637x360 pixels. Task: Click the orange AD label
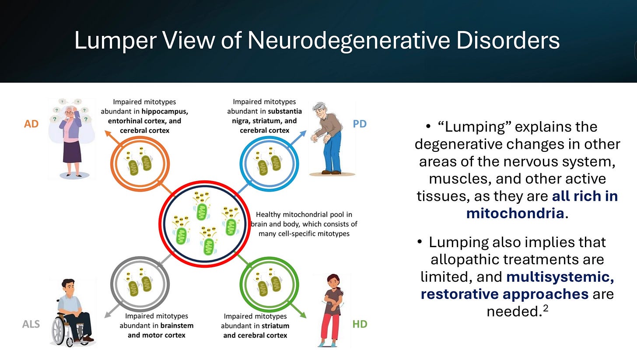coord(31,124)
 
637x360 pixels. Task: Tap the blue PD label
coord(359,124)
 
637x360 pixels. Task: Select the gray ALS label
coord(31,324)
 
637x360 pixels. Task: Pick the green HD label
coord(360,324)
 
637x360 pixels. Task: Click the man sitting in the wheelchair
coord(72,311)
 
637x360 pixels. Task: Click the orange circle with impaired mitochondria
coord(140,163)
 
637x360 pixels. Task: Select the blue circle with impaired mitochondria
coord(269,163)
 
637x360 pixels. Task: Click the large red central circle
coord(205,224)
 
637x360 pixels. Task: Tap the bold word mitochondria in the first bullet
coord(514,213)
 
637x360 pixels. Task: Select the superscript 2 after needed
coord(545,309)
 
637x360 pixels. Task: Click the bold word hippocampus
coord(164,111)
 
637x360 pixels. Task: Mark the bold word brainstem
coord(176,325)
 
